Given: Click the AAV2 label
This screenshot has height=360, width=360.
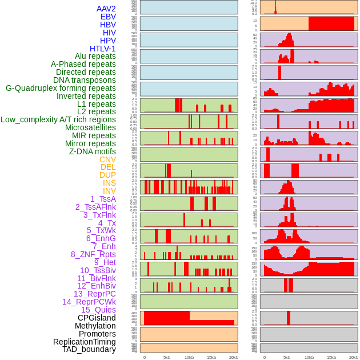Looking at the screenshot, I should [106, 9].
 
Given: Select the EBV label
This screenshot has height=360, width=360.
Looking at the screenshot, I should [108, 17].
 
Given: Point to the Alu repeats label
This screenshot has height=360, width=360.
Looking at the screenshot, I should [95, 57].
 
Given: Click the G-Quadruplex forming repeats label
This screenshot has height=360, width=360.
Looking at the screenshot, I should [61, 89].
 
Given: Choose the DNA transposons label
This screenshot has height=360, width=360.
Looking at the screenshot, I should [85, 81].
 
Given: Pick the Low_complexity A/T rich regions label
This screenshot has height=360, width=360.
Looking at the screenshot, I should [58, 120].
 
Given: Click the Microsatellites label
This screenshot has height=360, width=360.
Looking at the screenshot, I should [90, 128].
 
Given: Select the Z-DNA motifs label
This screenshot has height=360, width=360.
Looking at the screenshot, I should [92, 152].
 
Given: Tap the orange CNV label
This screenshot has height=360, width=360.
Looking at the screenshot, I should [107, 159].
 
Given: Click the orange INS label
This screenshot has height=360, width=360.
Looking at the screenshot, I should [109, 183].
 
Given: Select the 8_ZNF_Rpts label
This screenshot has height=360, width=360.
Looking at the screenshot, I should [93, 254].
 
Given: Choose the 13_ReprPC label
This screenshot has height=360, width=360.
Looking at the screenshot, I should [94, 294].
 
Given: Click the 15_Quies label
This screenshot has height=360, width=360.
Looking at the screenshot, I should [98, 310].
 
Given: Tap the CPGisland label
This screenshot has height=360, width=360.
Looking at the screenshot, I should [97, 318].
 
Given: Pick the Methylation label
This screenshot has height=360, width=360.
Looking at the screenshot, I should [95, 326].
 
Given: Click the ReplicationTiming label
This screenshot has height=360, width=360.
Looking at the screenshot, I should [85, 342].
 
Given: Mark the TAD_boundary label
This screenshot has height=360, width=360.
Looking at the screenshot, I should [89, 349].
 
